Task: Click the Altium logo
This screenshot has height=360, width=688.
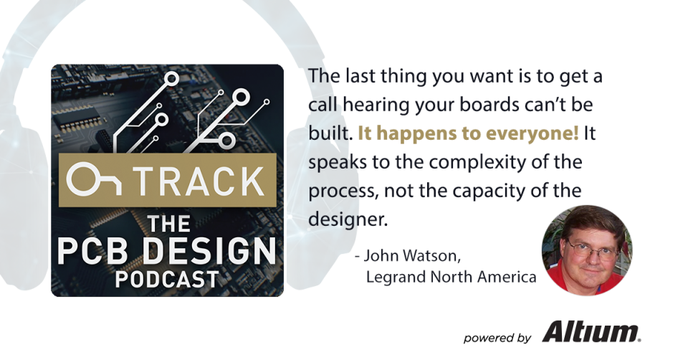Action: tap(591, 332)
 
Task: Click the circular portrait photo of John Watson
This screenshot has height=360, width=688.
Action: tap(586, 248)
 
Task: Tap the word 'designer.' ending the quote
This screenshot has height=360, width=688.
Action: tap(348, 219)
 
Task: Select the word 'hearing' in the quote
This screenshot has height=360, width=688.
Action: tap(371, 104)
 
